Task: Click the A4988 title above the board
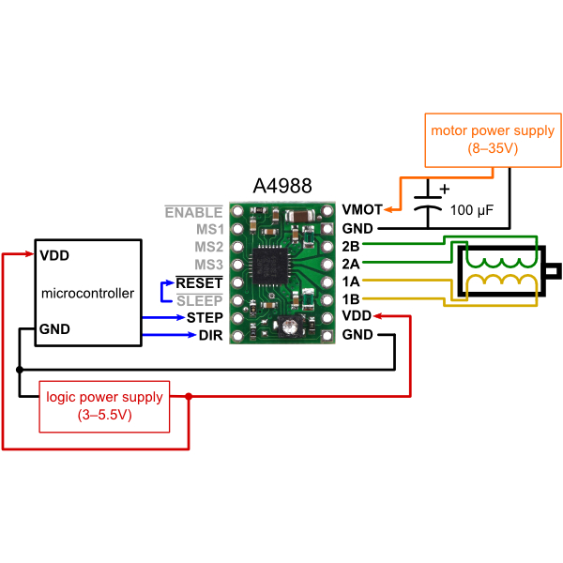pos(282,187)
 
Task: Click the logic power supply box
pos(104,406)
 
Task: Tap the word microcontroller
pos(88,294)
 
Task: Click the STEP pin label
pos(205,318)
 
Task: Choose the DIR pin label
pos(210,336)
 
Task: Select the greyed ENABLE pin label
pos(193,212)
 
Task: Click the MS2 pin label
pos(208,247)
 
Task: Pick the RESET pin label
pos(199,282)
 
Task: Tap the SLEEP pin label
pos(199,300)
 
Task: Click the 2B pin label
pos(352,246)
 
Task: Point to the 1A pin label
pos(352,281)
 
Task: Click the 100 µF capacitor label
pos(472,210)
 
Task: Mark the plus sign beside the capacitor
pos(444,189)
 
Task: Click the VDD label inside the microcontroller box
pos(54,255)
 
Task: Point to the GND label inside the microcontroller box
pos(54,329)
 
